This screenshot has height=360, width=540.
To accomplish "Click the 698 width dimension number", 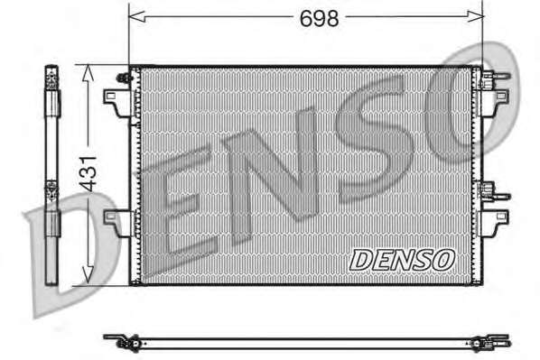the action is (x=319, y=18).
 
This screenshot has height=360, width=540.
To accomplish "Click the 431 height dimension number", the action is (x=88, y=174).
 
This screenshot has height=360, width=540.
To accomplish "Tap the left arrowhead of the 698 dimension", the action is (x=136, y=16).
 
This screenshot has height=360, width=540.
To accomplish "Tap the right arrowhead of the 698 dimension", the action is (x=475, y=16).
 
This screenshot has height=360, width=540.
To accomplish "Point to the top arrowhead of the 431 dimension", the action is (x=88, y=73).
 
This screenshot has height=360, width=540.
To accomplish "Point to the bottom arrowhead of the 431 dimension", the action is (x=88, y=274).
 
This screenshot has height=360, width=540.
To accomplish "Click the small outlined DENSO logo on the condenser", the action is (x=402, y=260).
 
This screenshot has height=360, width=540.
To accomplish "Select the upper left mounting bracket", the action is (x=117, y=103).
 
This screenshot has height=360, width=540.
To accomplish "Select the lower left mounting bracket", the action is (x=117, y=223).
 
